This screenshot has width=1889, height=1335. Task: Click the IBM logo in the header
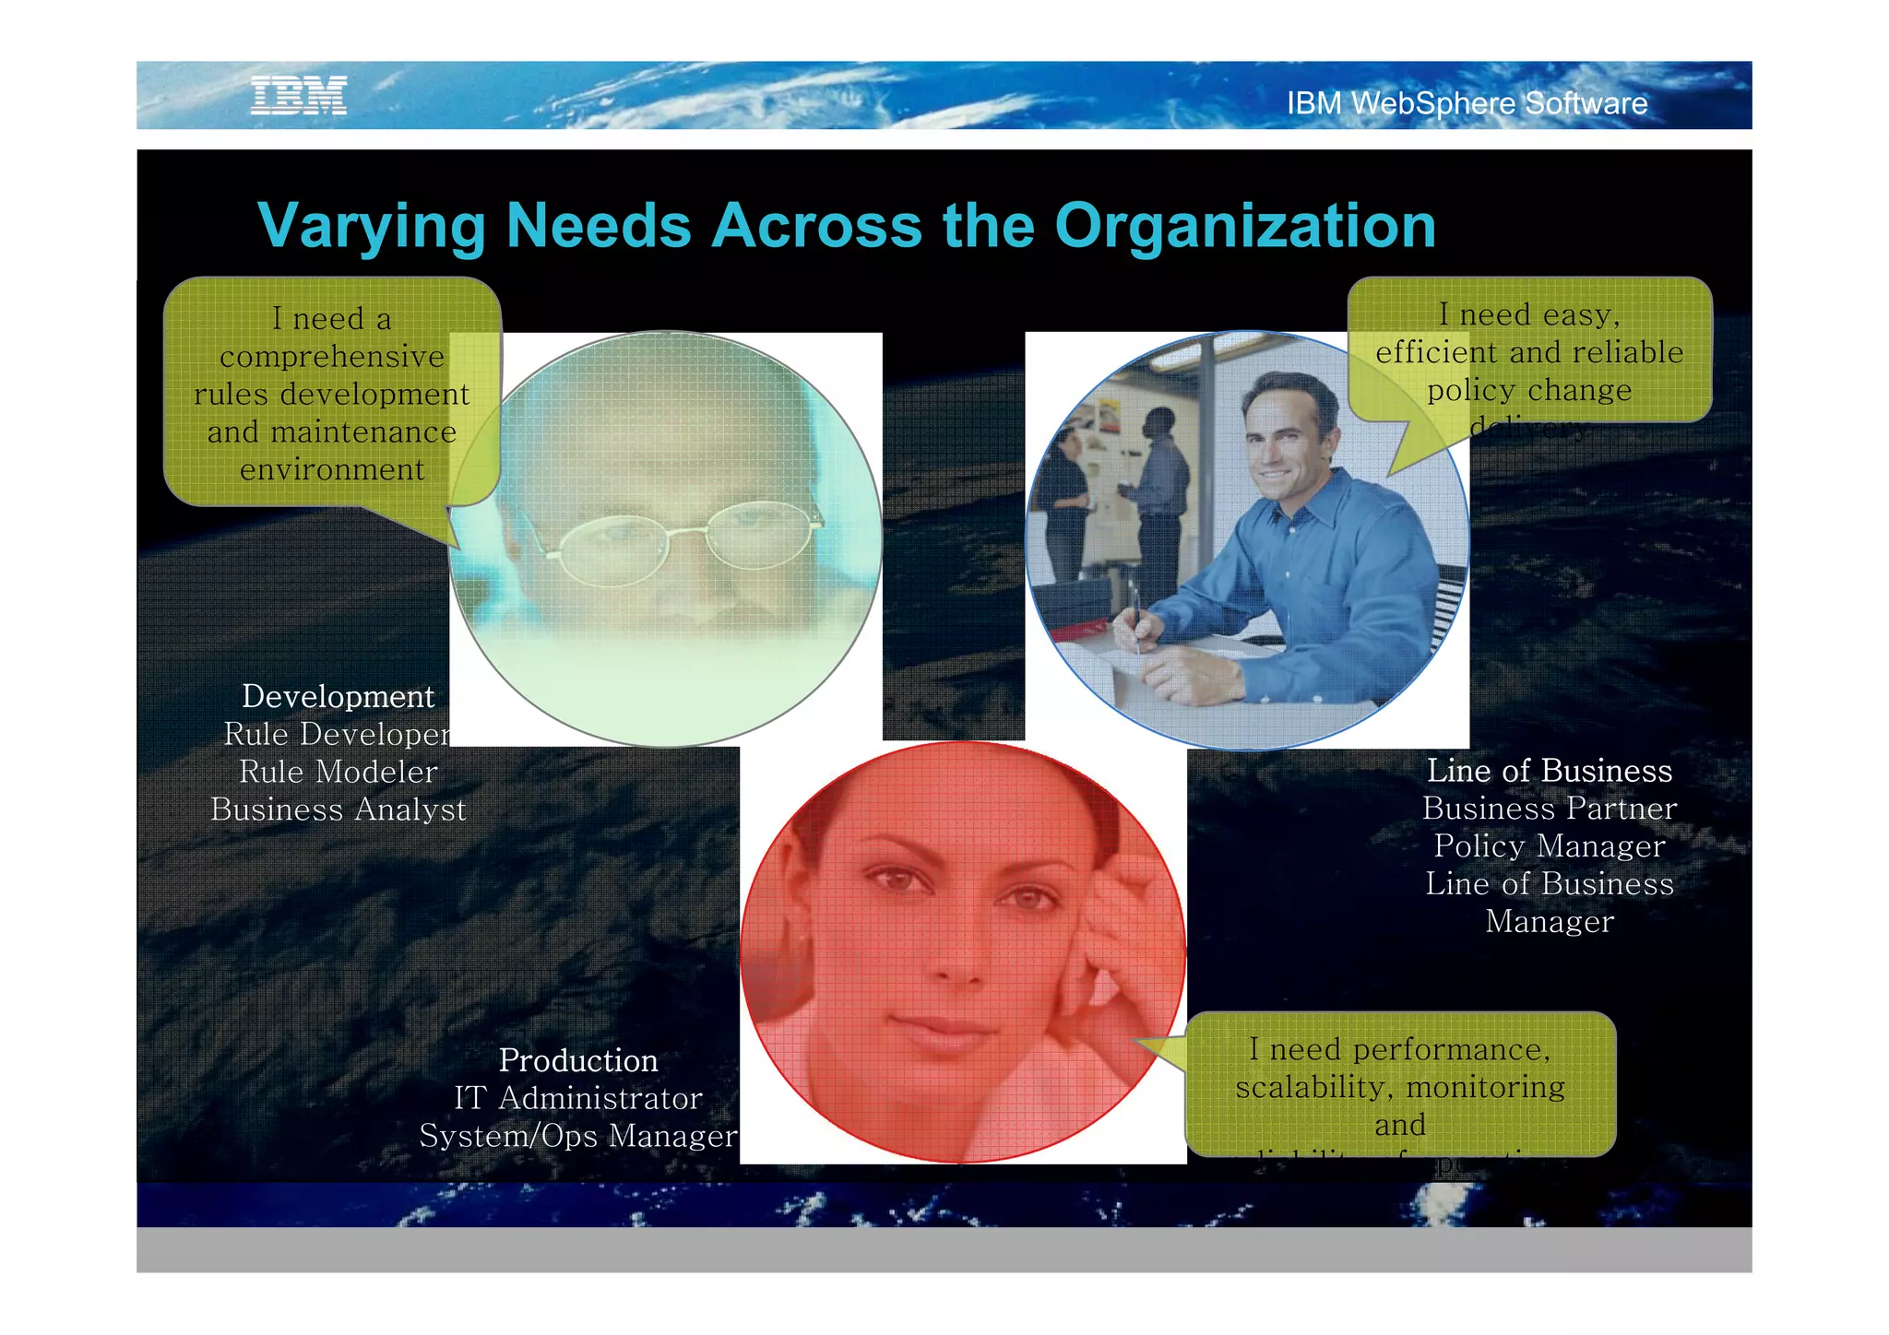(299, 96)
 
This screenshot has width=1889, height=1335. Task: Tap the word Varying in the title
(371, 227)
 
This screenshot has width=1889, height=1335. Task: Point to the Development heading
(338, 696)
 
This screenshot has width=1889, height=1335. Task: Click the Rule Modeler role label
(338, 772)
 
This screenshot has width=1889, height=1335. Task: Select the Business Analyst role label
(338, 809)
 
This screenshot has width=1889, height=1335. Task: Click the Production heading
(578, 1060)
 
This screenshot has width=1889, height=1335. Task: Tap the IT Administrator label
(578, 1098)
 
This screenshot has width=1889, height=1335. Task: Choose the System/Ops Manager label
(578, 1136)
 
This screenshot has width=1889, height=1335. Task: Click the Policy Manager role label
(1549, 845)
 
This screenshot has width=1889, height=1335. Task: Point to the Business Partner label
(1549, 809)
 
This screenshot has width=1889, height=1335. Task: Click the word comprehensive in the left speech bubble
(332, 357)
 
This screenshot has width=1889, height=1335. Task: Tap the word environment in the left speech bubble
(332, 469)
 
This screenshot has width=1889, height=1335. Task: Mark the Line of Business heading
(1549, 771)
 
